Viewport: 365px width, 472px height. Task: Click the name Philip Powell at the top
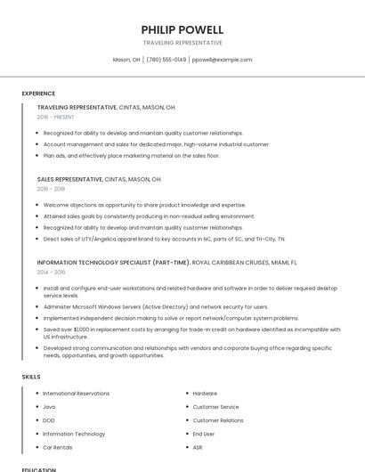(x=182, y=29)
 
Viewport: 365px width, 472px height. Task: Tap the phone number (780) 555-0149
(x=166, y=60)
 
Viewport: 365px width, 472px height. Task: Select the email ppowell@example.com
(x=222, y=60)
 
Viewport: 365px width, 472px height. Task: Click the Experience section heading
(x=38, y=94)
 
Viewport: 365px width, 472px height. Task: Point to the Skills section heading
(x=31, y=377)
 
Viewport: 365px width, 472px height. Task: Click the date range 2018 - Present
(x=56, y=117)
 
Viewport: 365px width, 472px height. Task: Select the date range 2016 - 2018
(x=51, y=189)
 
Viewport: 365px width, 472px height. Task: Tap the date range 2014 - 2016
(x=51, y=273)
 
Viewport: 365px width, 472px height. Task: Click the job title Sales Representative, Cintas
(x=99, y=179)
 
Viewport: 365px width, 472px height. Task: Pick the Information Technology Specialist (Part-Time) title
(x=113, y=263)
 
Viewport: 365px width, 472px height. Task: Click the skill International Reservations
(x=76, y=393)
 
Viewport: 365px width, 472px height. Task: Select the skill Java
(x=49, y=406)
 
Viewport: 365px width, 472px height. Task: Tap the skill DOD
(x=49, y=419)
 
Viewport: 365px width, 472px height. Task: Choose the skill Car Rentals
(x=58, y=447)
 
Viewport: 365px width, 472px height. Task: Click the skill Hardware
(x=205, y=393)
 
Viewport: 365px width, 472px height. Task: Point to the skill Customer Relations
(x=218, y=419)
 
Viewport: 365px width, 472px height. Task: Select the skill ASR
(x=198, y=447)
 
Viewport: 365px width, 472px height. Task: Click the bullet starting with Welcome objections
(x=144, y=205)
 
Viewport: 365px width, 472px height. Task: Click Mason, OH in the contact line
(x=126, y=60)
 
